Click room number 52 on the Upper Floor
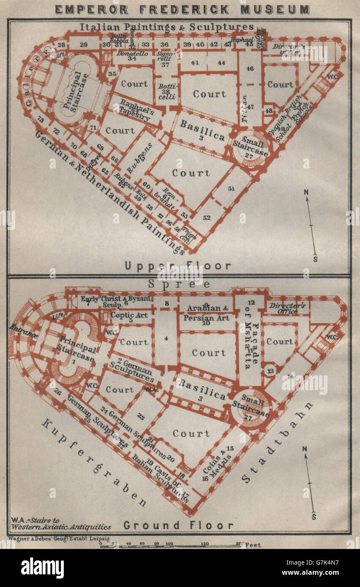point(207,217)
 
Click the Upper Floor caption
point(178,266)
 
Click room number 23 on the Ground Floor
point(141,417)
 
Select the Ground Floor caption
point(178,525)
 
